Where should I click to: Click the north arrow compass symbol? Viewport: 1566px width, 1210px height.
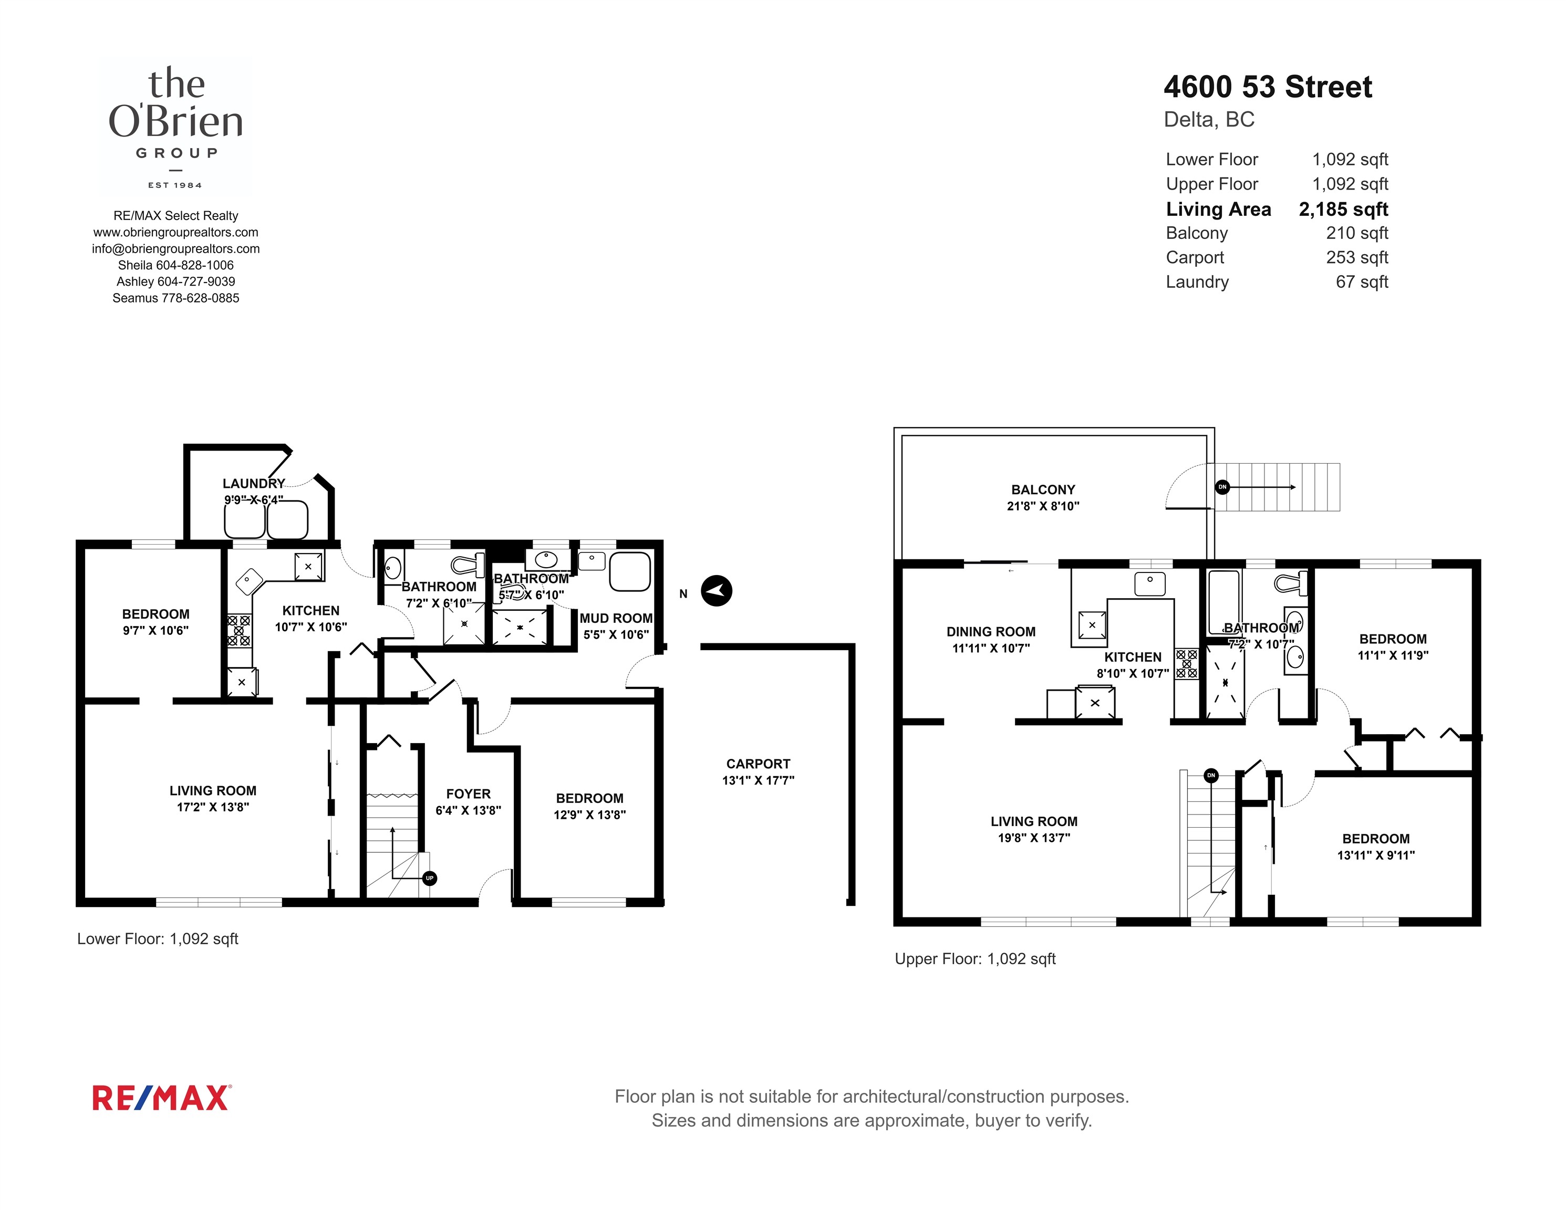[717, 591]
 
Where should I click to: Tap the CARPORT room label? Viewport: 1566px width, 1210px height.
[758, 764]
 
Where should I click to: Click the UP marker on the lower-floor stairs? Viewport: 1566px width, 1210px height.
[430, 878]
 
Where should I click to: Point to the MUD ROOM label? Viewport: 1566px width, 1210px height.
[616, 618]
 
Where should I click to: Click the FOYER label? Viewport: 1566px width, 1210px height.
[468, 794]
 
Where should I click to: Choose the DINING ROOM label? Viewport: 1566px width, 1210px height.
[991, 632]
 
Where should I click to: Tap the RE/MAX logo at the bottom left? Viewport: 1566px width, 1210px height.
[161, 1098]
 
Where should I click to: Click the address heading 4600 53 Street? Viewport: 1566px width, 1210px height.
[1268, 87]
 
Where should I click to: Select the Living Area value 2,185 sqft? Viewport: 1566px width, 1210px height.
[1344, 210]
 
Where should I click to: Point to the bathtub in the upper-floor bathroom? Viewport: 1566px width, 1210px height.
[1224, 601]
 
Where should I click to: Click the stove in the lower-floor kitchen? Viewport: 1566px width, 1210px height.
[239, 630]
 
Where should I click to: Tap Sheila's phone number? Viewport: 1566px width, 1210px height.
[195, 265]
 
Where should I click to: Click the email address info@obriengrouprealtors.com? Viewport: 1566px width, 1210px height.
[175, 249]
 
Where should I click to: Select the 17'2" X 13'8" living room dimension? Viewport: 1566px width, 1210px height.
[213, 807]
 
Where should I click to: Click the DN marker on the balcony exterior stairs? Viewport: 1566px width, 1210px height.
[1222, 487]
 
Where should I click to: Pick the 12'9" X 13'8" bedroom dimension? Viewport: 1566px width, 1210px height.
[589, 815]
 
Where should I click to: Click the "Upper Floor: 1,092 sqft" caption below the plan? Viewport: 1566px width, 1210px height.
[975, 959]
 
